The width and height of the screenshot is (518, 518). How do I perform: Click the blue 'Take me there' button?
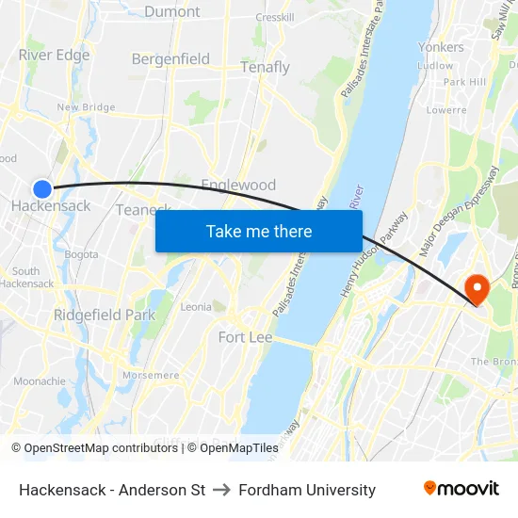(259, 231)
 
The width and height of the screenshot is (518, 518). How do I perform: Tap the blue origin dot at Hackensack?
(42, 188)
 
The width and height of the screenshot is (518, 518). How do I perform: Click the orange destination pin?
(478, 288)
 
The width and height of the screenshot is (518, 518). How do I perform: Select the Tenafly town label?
(265, 68)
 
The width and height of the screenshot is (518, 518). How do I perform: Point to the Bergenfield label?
(170, 59)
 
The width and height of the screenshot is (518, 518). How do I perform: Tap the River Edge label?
(54, 55)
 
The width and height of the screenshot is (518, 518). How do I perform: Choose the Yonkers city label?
(441, 47)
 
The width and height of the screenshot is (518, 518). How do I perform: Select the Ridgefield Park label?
(104, 315)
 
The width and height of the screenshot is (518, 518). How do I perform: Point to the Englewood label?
(238, 185)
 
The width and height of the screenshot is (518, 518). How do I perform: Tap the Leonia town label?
(196, 306)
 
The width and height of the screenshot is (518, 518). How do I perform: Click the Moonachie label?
(40, 381)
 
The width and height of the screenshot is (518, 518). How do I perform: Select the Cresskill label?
(275, 17)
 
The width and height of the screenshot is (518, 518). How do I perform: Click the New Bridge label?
(86, 107)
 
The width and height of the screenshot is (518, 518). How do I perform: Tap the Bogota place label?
(81, 254)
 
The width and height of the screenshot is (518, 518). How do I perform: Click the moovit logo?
(461, 489)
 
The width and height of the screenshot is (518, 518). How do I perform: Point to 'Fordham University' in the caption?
(307, 490)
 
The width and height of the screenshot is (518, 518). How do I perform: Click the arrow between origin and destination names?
(222, 490)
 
